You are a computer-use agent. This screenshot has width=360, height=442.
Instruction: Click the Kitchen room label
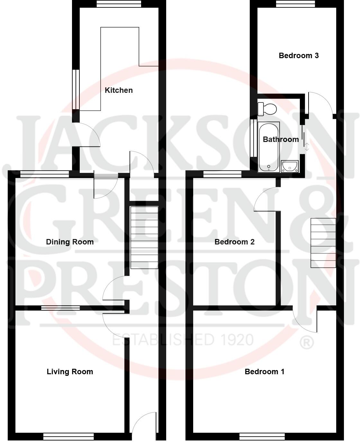tap(119, 90)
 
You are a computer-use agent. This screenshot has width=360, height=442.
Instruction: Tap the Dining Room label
tap(70, 242)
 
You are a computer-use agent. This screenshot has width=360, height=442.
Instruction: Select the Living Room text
tap(70, 372)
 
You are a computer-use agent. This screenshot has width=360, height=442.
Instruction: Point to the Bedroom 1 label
tap(264, 372)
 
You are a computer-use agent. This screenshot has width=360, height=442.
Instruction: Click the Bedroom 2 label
tap(234, 242)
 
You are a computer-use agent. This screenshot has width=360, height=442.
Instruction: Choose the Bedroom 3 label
tap(299, 56)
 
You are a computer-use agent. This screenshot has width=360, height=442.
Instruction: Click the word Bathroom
tap(281, 139)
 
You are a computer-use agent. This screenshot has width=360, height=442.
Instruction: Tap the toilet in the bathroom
tap(267, 109)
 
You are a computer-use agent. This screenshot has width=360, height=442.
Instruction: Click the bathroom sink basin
tap(290, 166)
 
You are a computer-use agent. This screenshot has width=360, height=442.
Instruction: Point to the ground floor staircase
tap(144, 237)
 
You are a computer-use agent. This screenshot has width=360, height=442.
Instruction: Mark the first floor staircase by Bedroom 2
tap(323, 243)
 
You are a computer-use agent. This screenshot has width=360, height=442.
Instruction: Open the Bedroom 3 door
tap(320, 103)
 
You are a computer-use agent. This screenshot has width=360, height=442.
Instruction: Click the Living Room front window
tap(68, 437)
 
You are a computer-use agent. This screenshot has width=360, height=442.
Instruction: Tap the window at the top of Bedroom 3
tap(295, 4)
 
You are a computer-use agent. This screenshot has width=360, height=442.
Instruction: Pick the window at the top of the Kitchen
tap(119, 4)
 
